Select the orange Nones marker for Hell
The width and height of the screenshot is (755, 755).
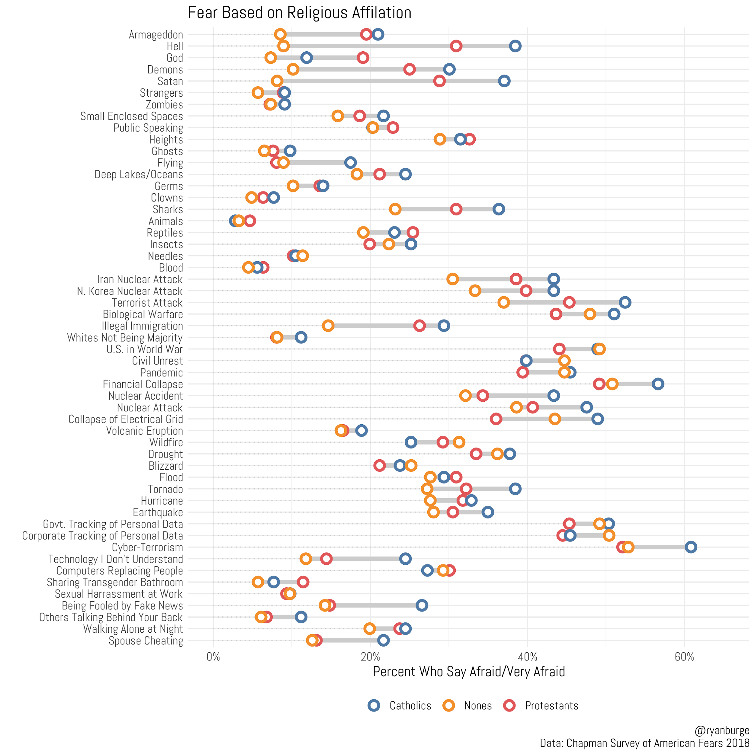click(283, 46)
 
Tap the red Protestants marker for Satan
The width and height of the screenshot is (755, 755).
click(439, 81)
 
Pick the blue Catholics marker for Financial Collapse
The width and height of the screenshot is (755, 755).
click(658, 384)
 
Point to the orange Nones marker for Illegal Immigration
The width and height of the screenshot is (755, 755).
click(328, 326)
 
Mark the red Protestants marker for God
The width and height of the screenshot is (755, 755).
click(363, 58)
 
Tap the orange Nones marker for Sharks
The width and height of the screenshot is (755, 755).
click(395, 209)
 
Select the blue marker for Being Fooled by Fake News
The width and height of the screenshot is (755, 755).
click(422, 605)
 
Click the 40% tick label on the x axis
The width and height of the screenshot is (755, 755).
click(527, 657)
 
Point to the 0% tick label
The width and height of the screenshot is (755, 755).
click(213, 657)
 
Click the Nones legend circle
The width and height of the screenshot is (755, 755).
click(449, 705)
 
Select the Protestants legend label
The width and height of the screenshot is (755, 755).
click(551, 706)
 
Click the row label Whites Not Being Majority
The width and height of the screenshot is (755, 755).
click(125, 338)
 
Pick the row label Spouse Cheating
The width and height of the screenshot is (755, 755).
click(146, 641)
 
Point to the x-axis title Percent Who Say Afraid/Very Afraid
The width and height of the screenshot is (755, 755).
click(469, 671)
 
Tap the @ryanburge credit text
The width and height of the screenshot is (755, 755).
click(722, 730)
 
